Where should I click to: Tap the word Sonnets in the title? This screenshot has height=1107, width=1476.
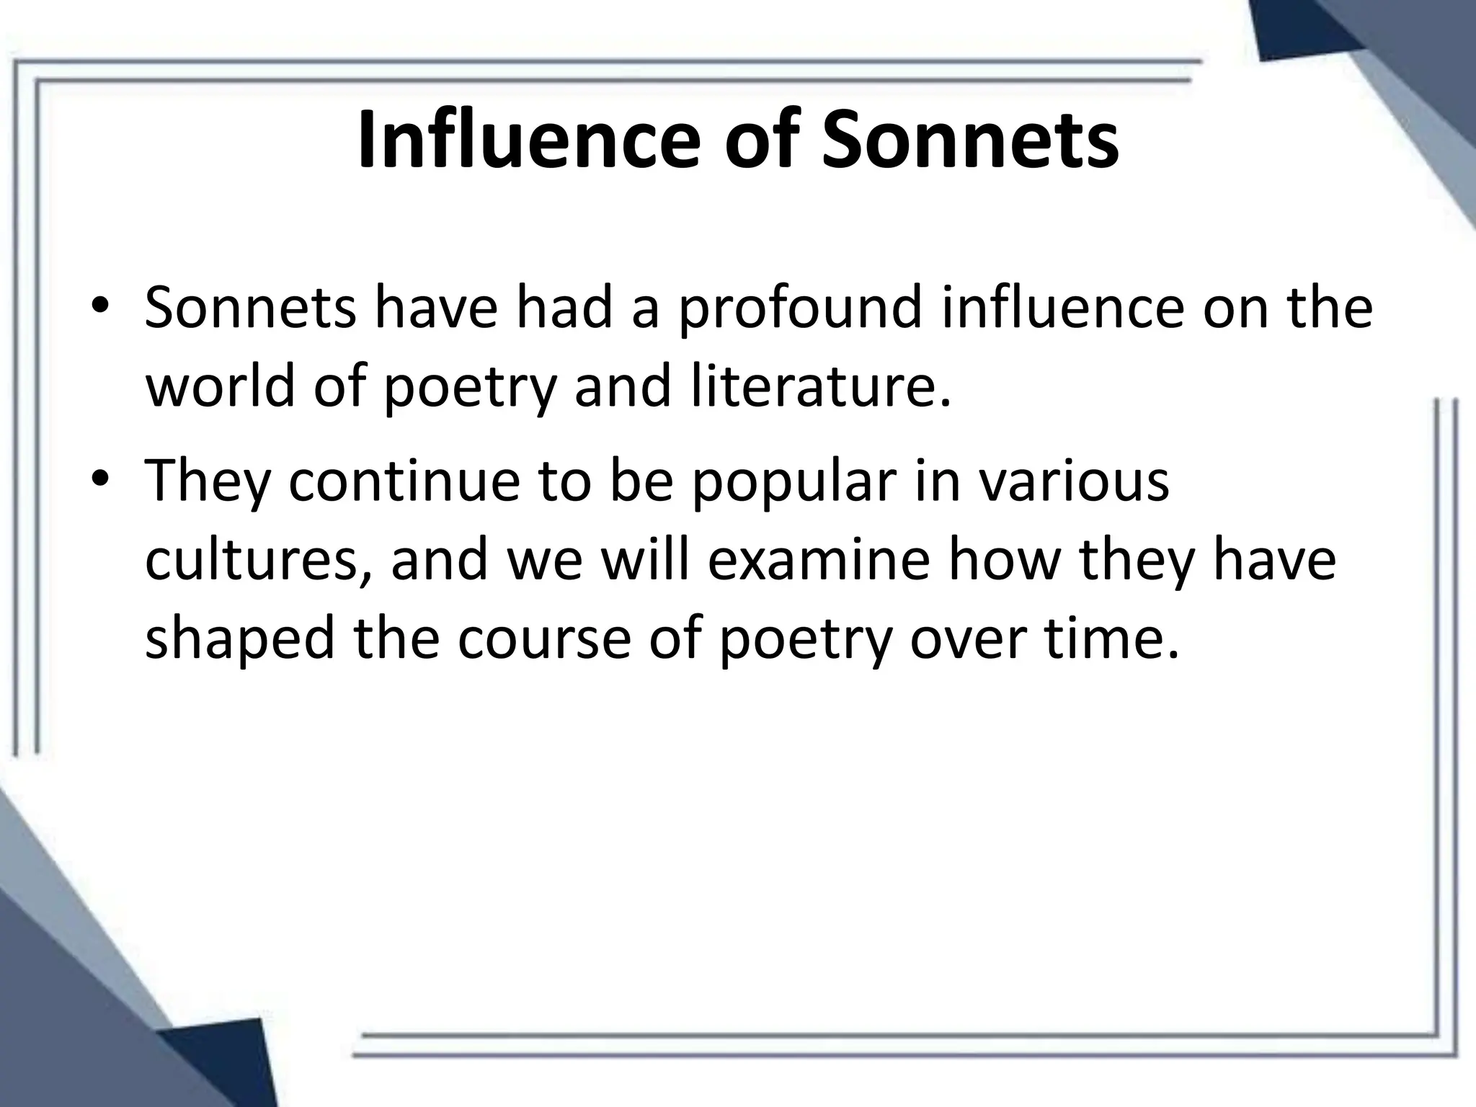pos(971,141)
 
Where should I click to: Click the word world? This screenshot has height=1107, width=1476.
pos(221,388)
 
